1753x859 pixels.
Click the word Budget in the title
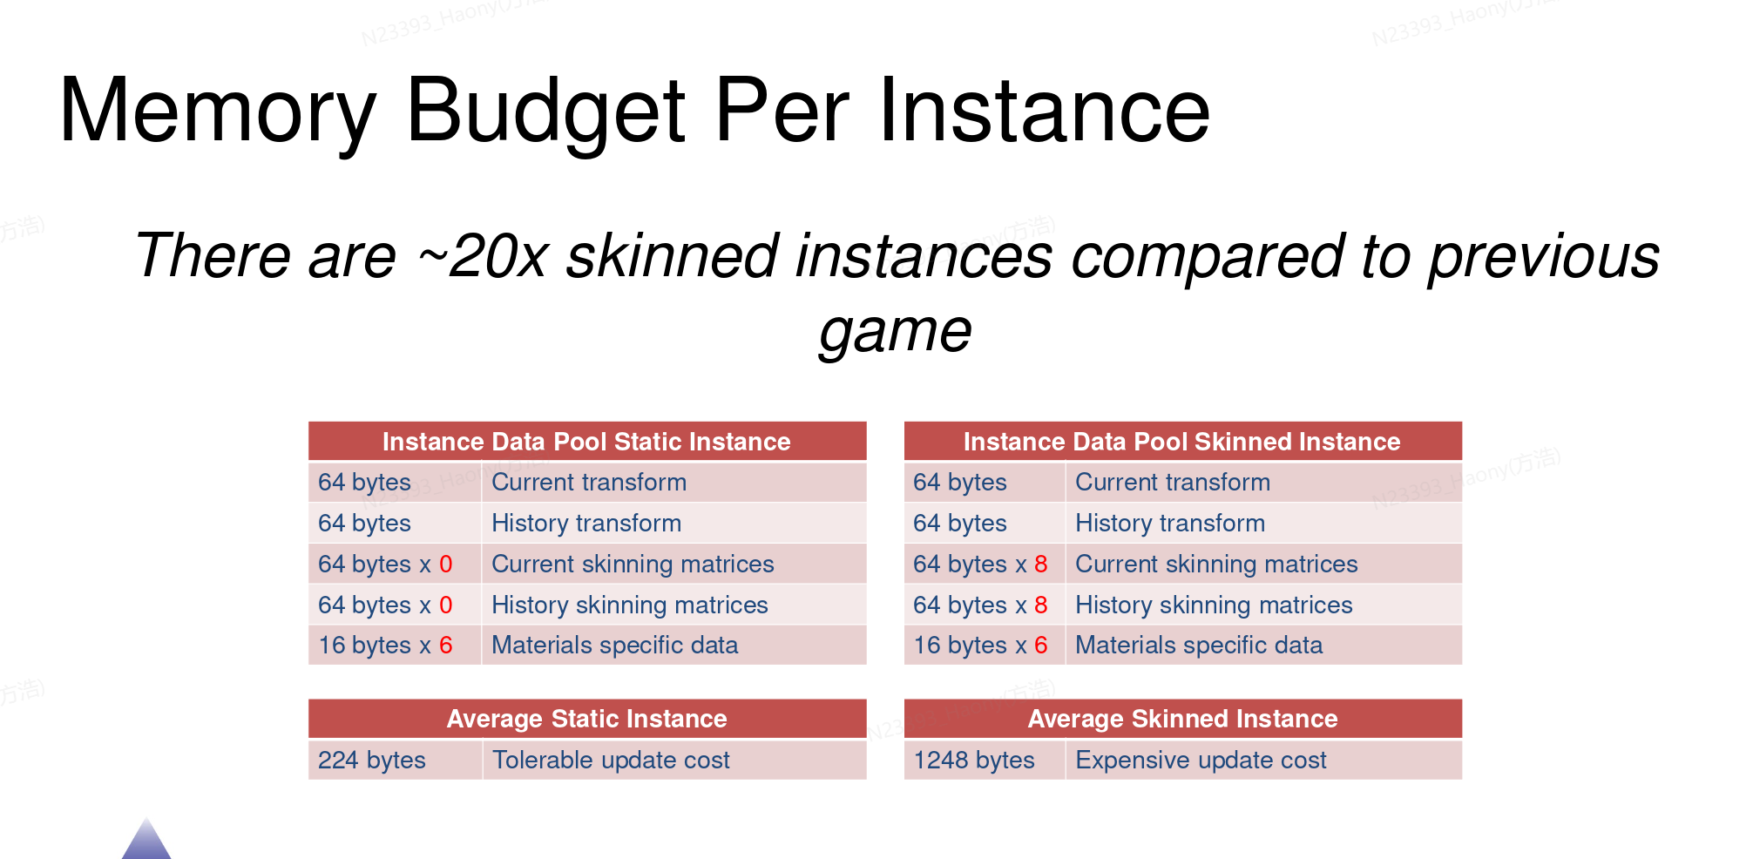click(x=546, y=111)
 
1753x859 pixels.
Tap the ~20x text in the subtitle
click(x=483, y=257)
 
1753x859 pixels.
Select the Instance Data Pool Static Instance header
click(x=586, y=442)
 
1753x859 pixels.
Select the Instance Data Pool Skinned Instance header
click(x=1181, y=442)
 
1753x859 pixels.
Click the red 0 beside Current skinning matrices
click(x=446, y=565)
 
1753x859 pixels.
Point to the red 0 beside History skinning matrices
click(x=446, y=605)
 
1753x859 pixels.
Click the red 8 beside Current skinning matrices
click(x=1041, y=565)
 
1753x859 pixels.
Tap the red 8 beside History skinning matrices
click(x=1041, y=605)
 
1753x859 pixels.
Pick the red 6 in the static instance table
click(x=446, y=646)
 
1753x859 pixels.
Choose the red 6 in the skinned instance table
click(x=1041, y=646)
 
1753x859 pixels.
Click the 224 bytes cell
click(x=396, y=761)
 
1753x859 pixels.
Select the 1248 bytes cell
click(x=985, y=761)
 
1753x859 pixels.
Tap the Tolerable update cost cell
click(x=674, y=761)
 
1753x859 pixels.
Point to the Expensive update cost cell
click(x=1263, y=761)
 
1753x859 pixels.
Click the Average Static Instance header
click(x=586, y=719)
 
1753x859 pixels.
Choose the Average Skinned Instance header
click(x=1182, y=719)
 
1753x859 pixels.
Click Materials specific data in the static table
click(x=614, y=646)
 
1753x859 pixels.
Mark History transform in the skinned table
click(x=1170, y=524)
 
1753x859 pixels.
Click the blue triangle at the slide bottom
click(x=146, y=842)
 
